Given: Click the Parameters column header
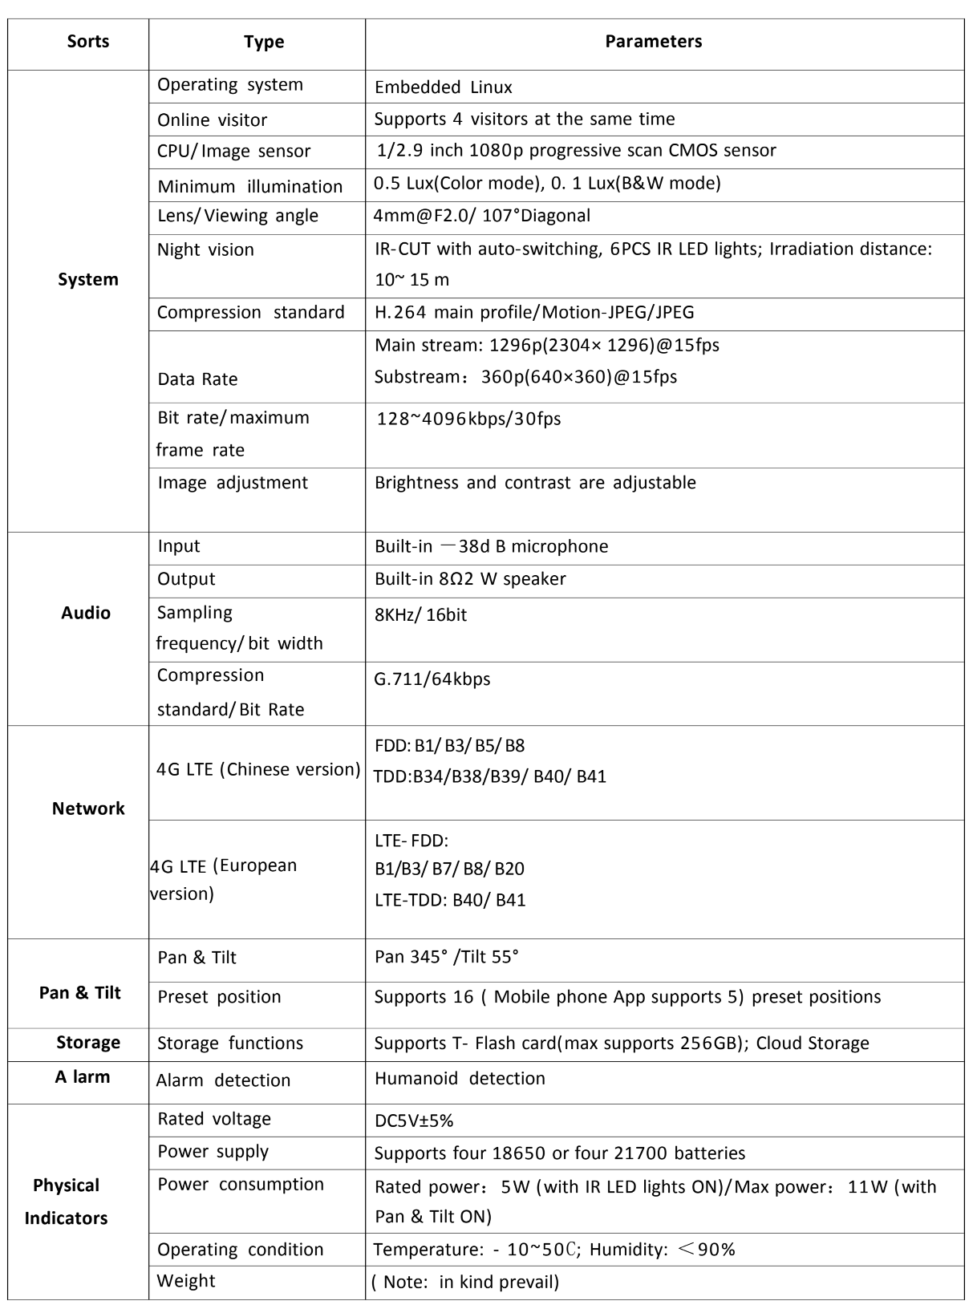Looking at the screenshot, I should [653, 42].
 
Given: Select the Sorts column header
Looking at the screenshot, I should [88, 42].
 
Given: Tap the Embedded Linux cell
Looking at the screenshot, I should [443, 87].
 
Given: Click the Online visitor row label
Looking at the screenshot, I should [212, 120].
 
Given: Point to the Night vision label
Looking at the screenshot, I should [205, 250].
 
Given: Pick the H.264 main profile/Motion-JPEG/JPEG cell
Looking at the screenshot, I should [534, 313].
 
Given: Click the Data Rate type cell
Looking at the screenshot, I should [197, 379].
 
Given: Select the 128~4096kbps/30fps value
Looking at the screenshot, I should [468, 419].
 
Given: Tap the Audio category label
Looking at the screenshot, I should [86, 613].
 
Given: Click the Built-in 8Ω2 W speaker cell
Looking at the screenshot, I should [470, 579].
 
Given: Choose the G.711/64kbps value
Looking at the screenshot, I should [432, 679].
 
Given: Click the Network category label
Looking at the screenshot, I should [88, 808].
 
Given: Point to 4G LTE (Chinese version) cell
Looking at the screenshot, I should [258, 770].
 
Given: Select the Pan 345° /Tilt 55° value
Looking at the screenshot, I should [447, 957].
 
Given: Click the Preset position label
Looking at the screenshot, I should [219, 997].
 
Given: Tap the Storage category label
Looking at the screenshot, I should [88, 1043].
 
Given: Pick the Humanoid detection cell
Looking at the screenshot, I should [460, 1079].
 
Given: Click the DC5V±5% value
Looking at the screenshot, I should [414, 1121].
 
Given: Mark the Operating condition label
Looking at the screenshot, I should [240, 1250].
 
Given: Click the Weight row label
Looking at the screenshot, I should [186, 1281].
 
